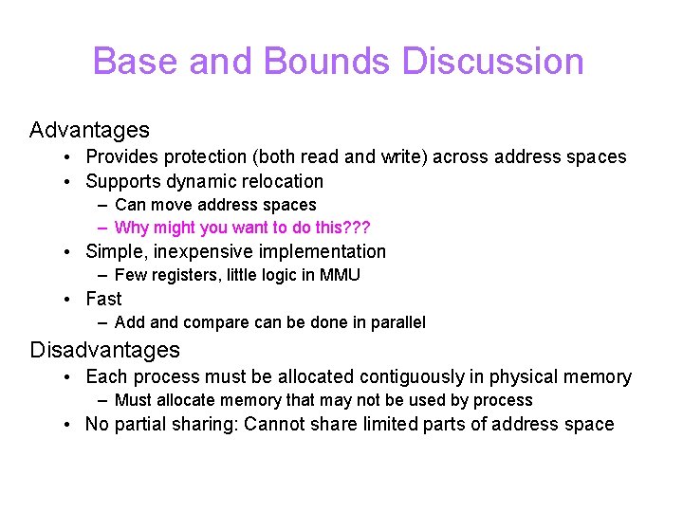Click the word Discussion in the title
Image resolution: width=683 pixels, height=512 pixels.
pyautogui.click(x=492, y=62)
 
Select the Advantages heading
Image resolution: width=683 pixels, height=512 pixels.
pyautogui.click(x=89, y=130)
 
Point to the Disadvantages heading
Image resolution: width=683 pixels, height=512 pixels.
pyautogui.click(x=104, y=350)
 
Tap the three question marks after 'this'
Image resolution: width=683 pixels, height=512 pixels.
pyautogui.click(x=357, y=228)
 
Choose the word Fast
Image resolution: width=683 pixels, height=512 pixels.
pyautogui.click(x=103, y=299)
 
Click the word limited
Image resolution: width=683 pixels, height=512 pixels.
pyautogui.click(x=403, y=424)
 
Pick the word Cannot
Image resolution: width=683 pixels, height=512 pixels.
pyautogui.click(x=276, y=424)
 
